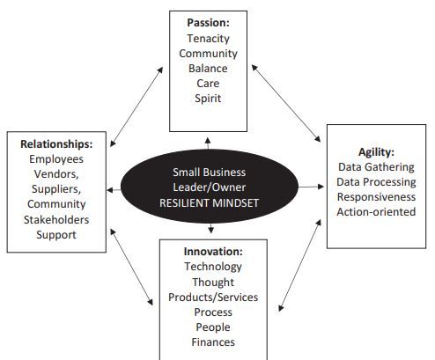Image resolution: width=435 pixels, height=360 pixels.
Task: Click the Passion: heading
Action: [x=208, y=23]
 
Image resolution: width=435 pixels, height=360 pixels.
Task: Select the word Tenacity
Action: [x=208, y=39]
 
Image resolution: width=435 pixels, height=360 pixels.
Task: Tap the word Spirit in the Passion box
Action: [x=208, y=99]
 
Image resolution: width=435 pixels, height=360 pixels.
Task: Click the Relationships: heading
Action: [x=56, y=144]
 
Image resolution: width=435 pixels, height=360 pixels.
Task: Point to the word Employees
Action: [x=56, y=159]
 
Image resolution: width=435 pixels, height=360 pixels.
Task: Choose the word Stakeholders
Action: [x=56, y=220]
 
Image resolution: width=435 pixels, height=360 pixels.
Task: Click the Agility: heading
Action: [x=376, y=152]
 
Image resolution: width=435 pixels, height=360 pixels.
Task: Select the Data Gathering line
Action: [x=376, y=167]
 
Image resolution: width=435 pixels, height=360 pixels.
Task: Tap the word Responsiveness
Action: [x=376, y=197]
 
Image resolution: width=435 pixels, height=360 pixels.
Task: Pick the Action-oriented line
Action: [x=376, y=212]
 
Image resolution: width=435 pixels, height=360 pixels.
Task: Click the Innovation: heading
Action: [x=213, y=252]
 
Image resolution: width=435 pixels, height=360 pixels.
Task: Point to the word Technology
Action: [x=213, y=267]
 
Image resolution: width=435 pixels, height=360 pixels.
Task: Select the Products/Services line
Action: [x=213, y=298]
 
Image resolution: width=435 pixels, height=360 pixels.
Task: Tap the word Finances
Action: [x=213, y=342]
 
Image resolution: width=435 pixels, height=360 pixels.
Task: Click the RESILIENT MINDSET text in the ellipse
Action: [x=209, y=203]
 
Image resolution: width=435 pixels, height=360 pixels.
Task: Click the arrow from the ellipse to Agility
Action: [x=311, y=187]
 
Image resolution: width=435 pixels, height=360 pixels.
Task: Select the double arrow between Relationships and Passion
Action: [x=136, y=107]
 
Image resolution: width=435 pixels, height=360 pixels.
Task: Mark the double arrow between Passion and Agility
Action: [x=286, y=103]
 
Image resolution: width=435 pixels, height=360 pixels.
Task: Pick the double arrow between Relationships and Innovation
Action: [x=131, y=267]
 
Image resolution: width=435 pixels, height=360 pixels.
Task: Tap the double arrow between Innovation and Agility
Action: [x=299, y=265]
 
